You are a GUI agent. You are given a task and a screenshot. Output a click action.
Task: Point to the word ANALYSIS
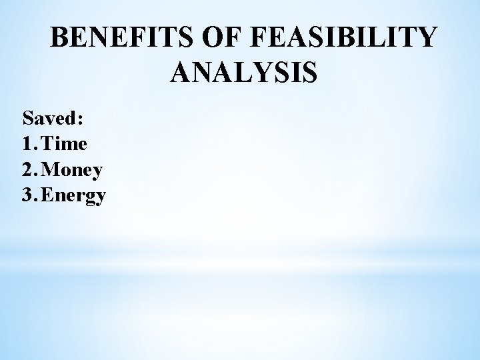[x=244, y=72]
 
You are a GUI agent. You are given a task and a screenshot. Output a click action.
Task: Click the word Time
[x=67, y=144]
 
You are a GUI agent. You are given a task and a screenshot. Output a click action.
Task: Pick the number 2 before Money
[x=27, y=170]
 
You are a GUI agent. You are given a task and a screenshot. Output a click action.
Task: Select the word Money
[x=73, y=171]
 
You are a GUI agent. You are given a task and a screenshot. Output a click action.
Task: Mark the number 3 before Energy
[x=27, y=195]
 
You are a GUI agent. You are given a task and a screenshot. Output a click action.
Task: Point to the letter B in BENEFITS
[x=60, y=38]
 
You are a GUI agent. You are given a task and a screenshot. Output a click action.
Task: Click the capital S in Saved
[x=28, y=119]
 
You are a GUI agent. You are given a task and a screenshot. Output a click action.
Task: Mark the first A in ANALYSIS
[x=182, y=72]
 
